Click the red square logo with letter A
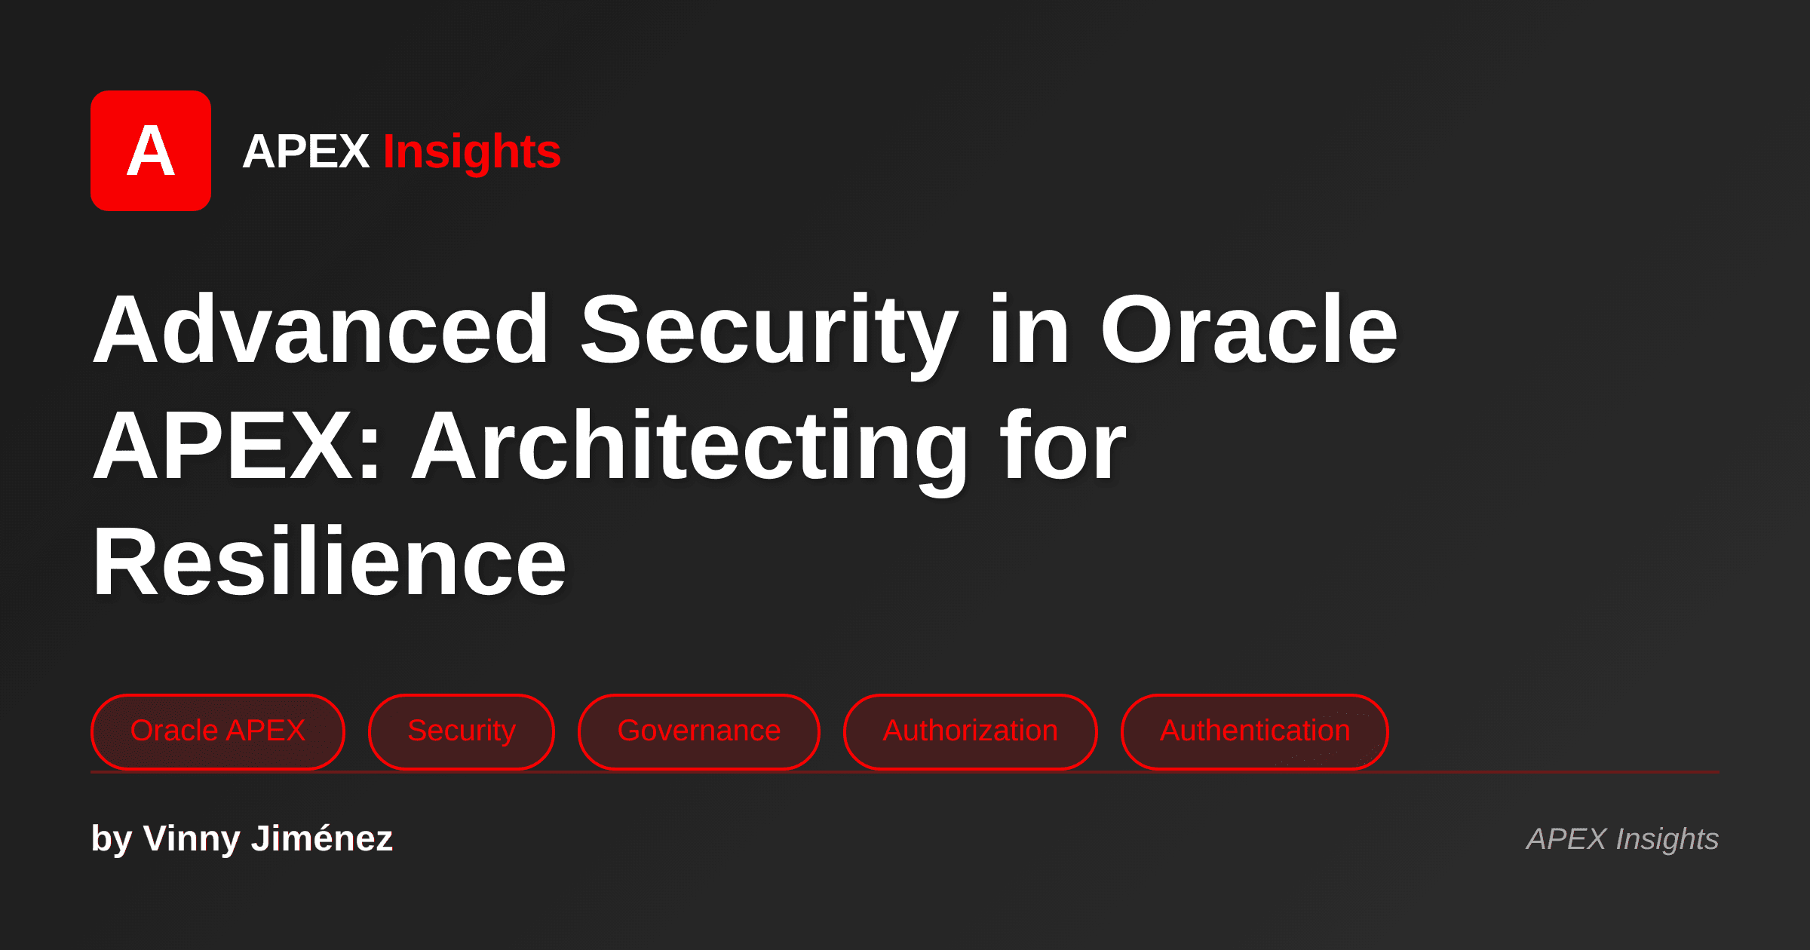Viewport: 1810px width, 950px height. click(151, 151)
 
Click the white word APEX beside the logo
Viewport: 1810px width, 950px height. click(305, 152)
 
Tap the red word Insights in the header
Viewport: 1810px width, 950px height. click(471, 152)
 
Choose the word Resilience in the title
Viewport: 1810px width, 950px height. click(329, 562)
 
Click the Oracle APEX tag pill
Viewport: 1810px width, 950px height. click(217, 731)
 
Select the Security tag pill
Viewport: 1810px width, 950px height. click(461, 731)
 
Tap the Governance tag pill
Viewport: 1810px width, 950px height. click(698, 731)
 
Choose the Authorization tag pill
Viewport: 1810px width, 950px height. click(970, 731)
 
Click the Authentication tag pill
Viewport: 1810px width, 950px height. click(1254, 731)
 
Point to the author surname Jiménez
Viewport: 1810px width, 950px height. click(321, 838)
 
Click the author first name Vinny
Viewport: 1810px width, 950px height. click(191, 838)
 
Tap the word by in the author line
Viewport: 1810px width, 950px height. click(111, 838)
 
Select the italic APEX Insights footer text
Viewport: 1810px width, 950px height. click(1622, 839)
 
